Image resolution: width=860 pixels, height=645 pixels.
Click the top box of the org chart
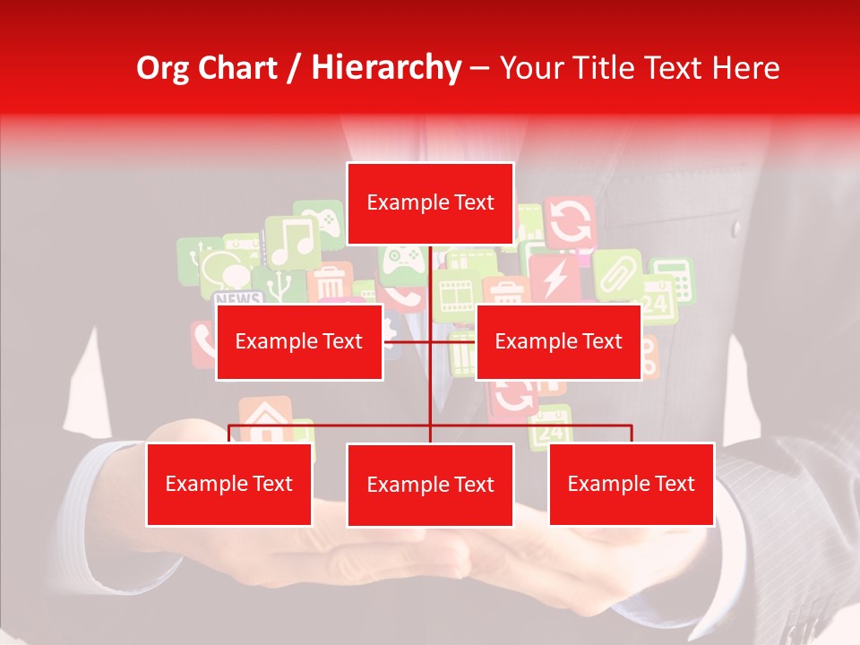[x=430, y=203]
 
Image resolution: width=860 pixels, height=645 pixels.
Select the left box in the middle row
[x=299, y=341]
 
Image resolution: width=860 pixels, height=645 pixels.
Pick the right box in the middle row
[x=558, y=341]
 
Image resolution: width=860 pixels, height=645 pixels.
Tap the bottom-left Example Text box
[x=229, y=484]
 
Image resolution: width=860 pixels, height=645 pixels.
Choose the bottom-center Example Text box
[x=430, y=485]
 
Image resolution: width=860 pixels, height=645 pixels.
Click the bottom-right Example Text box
[x=631, y=484]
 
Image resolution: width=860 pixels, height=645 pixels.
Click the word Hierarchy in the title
[x=386, y=68]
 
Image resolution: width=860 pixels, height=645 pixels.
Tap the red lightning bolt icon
[x=555, y=279]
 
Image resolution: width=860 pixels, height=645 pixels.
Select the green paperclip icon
[x=617, y=272]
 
